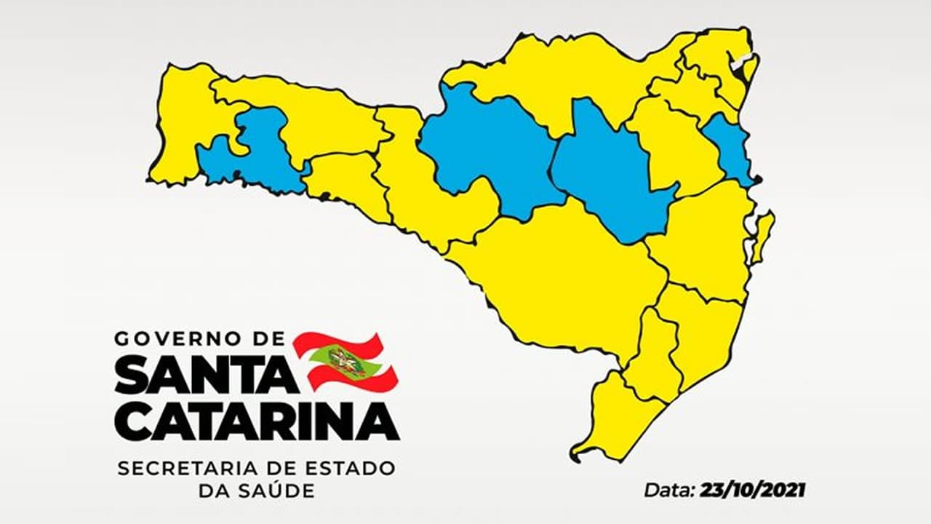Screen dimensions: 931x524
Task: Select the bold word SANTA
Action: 206,376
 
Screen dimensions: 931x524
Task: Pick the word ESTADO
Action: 354,468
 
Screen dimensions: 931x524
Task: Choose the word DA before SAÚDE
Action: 211,491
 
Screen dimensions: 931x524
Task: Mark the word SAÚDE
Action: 275,491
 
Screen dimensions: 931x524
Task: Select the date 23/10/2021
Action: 753,489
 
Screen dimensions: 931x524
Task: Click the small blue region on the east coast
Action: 729,149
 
